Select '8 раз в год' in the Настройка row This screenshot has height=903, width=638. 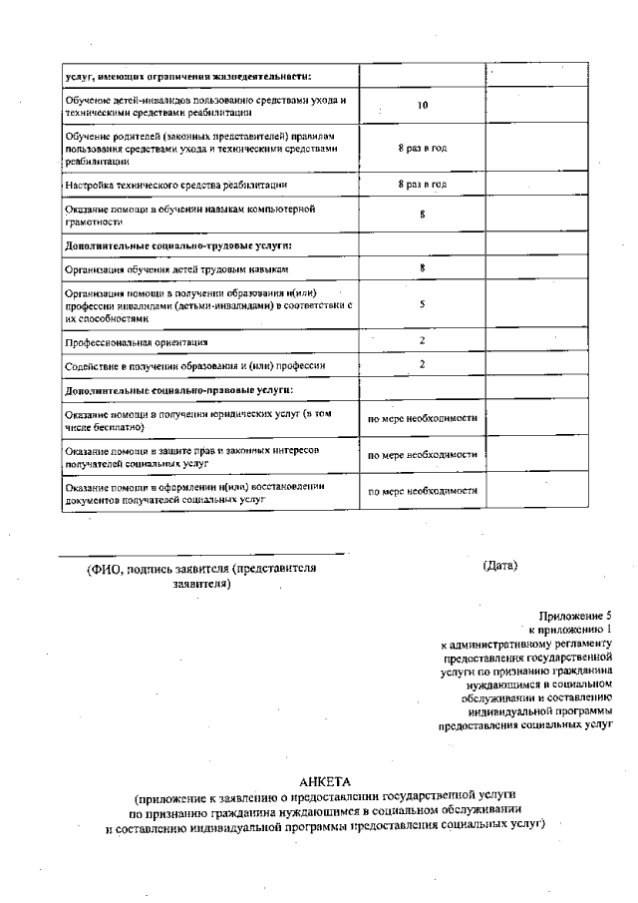(x=422, y=185)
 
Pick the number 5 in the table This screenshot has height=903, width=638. (x=423, y=306)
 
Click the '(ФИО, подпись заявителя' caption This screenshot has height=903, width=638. (x=201, y=569)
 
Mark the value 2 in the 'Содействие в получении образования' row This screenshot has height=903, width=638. (x=423, y=365)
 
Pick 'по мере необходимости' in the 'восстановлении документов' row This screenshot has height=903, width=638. (x=423, y=492)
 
